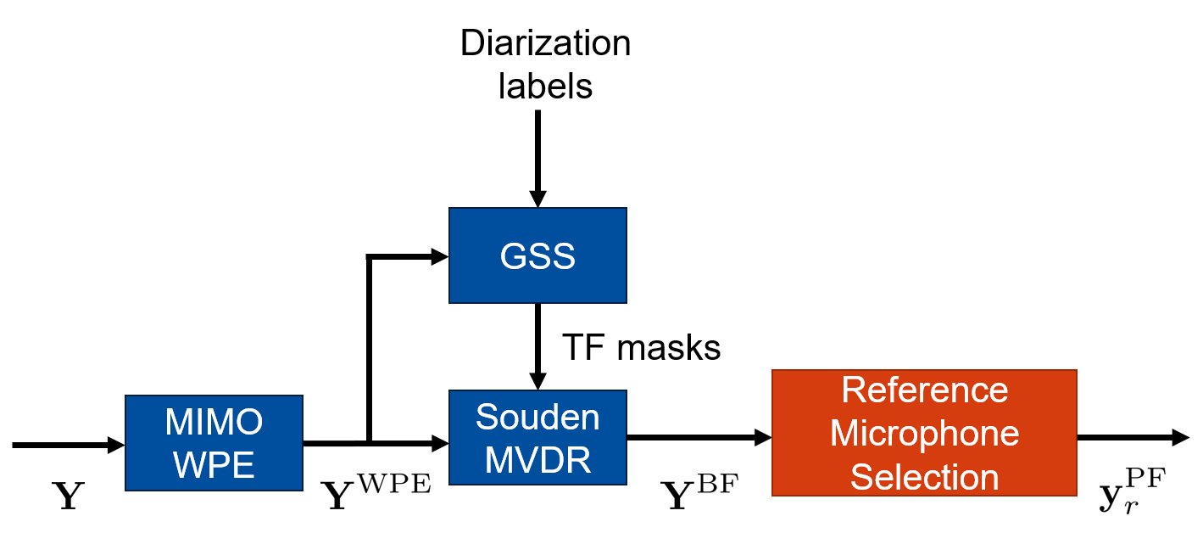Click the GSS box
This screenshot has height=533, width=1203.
point(537,255)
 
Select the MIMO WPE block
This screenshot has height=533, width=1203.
point(214,442)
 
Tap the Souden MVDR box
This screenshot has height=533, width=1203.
point(537,438)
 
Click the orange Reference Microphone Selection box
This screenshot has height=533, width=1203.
point(924,433)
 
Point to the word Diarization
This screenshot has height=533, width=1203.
point(545,43)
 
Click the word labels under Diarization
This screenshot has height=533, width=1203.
point(545,86)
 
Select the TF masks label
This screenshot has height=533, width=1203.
point(641,347)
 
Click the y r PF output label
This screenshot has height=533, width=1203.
point(1128,496)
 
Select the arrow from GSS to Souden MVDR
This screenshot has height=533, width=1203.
point(537,344)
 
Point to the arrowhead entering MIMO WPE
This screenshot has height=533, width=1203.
point(115,444)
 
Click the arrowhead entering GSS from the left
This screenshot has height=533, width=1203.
point(438,255)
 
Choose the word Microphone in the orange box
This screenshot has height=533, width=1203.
point(924,433)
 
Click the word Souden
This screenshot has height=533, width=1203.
point(537,417)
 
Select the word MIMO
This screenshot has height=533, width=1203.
point(214,421)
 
